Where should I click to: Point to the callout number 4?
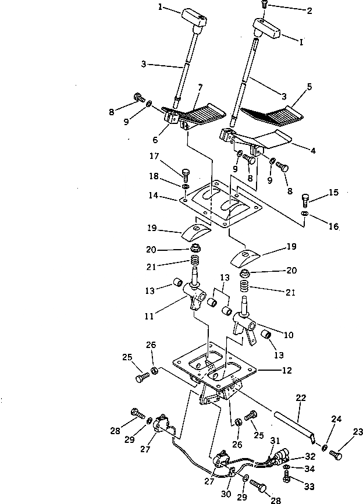pyautogui.click(x=312, y=151)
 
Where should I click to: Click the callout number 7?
pyautogui.click(x=199, y=87)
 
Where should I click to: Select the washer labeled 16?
pyautogui.click(x=305, y=214)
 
